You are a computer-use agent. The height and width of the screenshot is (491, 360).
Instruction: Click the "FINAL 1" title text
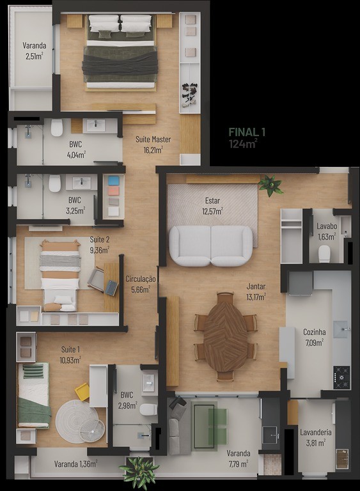tap(247, 132)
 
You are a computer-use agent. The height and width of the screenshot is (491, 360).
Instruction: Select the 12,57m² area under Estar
tap(212, 211)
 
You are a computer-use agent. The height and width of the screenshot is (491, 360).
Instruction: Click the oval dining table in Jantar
tap(226, 336)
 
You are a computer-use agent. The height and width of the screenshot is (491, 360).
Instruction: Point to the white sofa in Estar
tap(211, 245)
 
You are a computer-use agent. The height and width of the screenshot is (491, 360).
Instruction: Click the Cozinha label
tap(315, 332)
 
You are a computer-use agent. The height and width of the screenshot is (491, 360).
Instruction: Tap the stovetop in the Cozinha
tap(341, 377)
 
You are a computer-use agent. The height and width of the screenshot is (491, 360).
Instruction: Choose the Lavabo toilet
tap(324, 254)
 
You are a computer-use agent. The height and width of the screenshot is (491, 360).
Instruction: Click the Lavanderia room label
tap(316, 432)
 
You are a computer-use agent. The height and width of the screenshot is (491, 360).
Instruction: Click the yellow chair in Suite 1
tap(82, 391)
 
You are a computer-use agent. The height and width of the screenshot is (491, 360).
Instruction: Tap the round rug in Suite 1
tap(77, 421)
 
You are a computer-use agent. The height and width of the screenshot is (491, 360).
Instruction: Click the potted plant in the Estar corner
tap(271, 186)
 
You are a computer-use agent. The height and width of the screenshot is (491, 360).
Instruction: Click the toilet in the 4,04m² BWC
tap(57, 129)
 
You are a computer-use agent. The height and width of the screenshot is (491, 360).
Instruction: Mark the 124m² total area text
tap(243, 144)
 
